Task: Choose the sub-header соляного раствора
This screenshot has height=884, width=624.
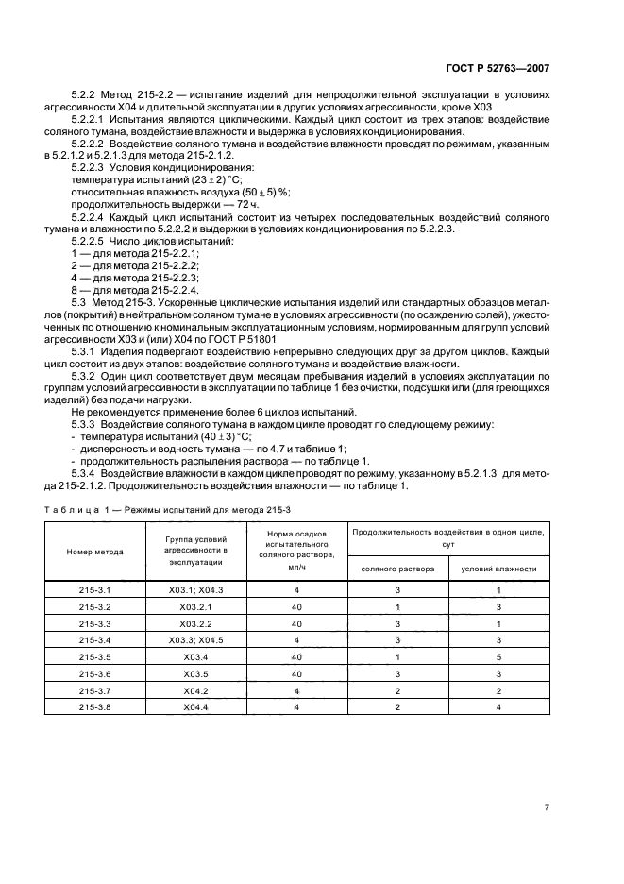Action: point(396,569)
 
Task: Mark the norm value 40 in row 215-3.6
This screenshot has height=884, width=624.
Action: point(296,672)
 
